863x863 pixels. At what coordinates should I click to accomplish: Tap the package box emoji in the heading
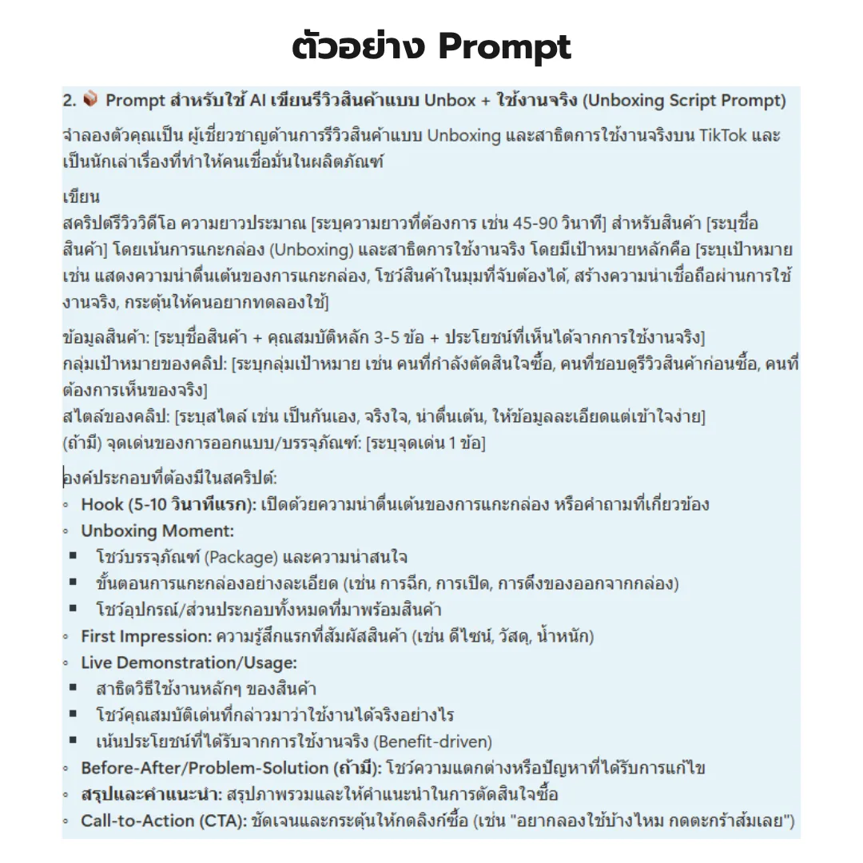tap(90, 100)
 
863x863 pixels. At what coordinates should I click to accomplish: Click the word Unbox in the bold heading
tap(449, 101)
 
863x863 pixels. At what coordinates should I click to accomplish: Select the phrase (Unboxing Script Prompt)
tap(684, 101)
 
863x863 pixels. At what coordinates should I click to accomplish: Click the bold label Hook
tap(102, 504)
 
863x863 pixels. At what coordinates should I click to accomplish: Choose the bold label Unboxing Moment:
tap(157, 531)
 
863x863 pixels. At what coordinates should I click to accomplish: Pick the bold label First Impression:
tap(145, 636)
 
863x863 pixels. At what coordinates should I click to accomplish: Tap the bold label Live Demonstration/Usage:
tap(189, 662)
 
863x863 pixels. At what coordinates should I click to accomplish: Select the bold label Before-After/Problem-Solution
tap(205, 768)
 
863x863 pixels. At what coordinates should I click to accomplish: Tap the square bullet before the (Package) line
tap(74, 557)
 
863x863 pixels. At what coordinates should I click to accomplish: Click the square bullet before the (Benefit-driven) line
tap(74, 742)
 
